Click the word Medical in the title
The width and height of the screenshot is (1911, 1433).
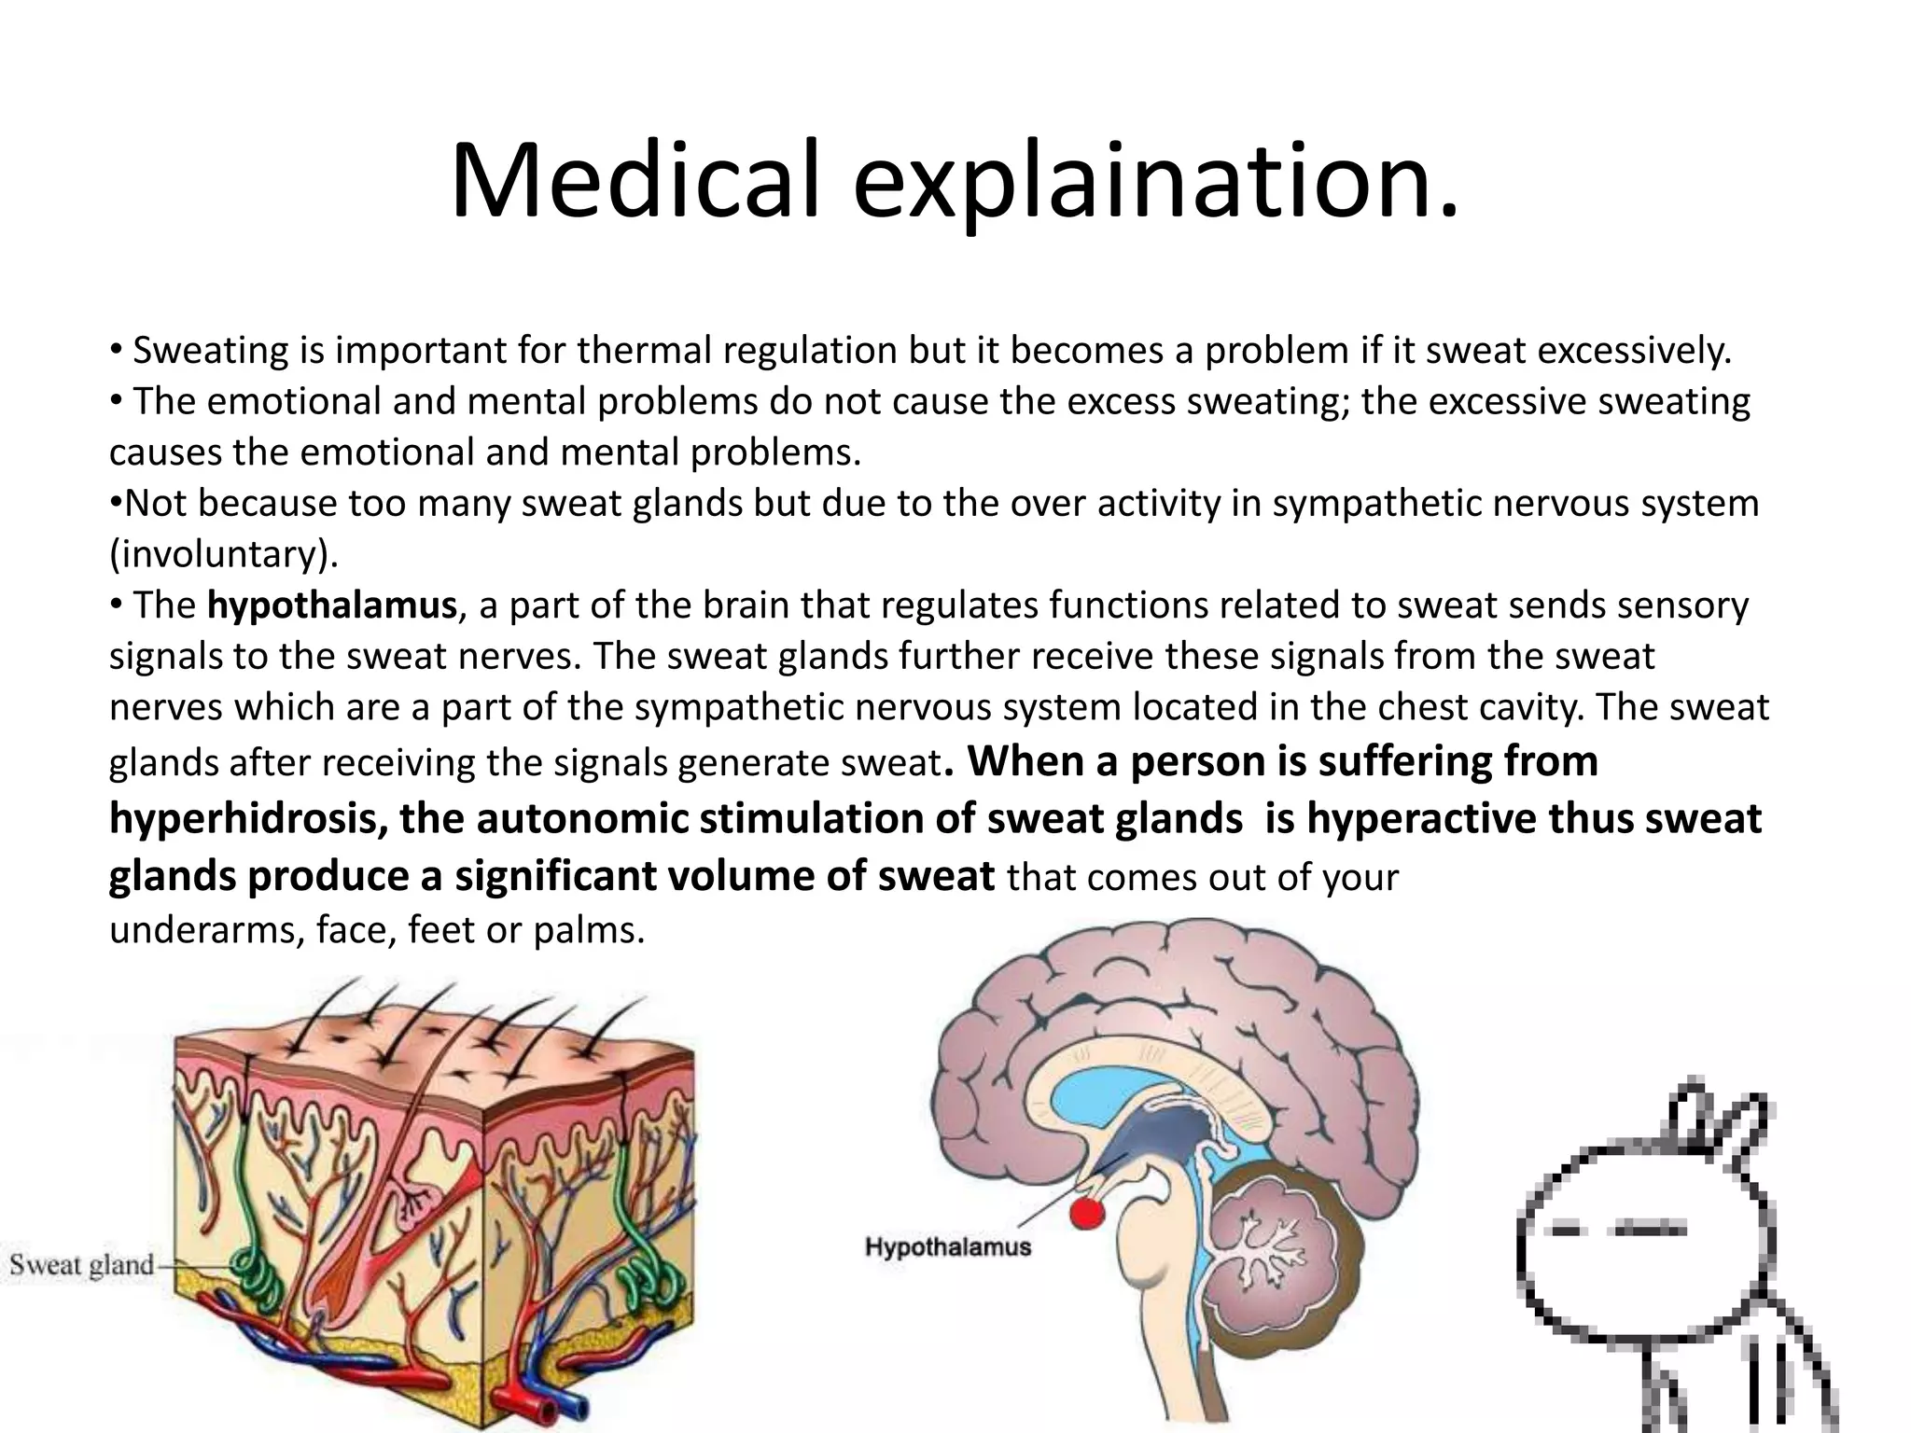coord(635,179)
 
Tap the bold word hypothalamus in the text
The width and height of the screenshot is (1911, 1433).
coord(331,605)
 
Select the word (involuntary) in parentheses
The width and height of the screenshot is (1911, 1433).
coord(223,554)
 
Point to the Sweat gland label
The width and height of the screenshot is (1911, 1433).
coord(82,1266)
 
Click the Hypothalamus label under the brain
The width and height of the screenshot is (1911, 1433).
coord(948,1246)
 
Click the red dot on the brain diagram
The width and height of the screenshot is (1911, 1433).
coord(1086,1214)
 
